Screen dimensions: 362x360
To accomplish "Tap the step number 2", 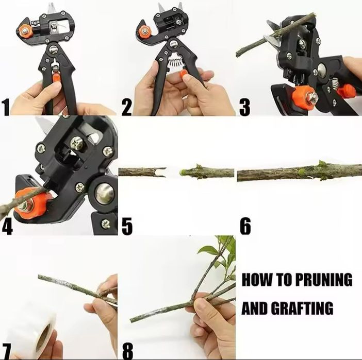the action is coord(127,106).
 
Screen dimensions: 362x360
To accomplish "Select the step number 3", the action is coord(245,106).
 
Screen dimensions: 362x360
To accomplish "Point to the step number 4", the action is coord(7,226).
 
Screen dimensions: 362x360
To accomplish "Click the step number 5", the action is coord(127,226).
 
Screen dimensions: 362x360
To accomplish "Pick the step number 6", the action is coord(245,226).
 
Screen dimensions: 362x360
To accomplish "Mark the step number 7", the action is coord(7,351).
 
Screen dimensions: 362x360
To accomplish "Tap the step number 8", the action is coord(128,351).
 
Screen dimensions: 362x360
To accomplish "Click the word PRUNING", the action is coord(324,280).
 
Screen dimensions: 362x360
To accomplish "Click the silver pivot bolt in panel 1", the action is coord(54,49).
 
